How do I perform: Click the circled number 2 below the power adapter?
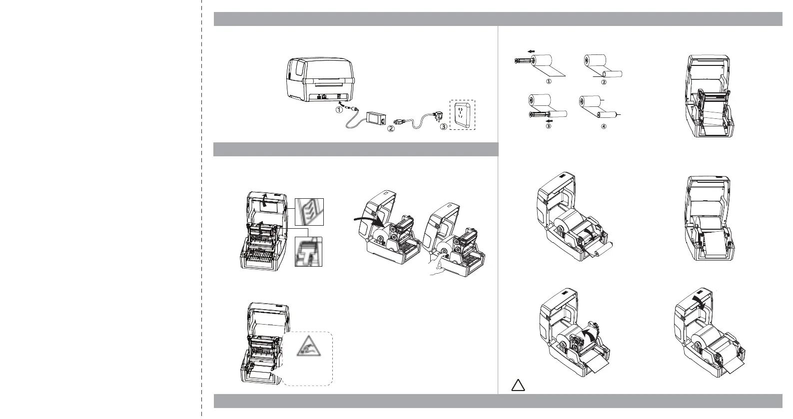[391, 129]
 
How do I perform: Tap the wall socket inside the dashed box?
[462, 115]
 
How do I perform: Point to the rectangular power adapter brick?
[376, 118]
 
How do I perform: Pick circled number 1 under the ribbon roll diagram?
[549, 81]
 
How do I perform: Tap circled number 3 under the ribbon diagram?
[548, 126]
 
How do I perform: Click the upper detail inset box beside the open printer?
[309, 212]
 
